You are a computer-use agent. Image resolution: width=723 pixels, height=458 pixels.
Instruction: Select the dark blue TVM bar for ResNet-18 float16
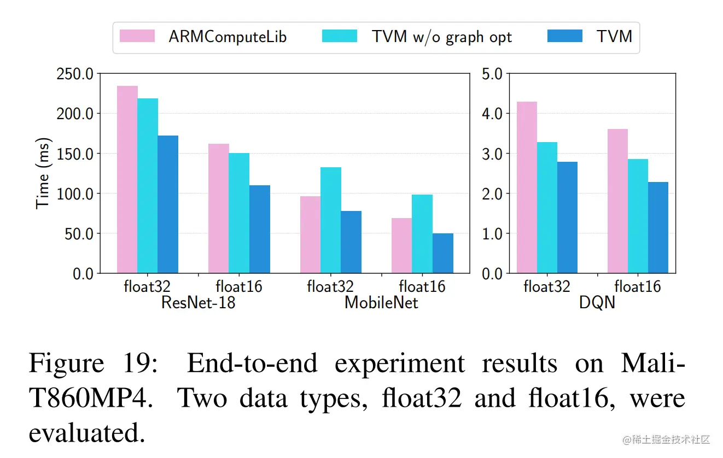pos(260,229)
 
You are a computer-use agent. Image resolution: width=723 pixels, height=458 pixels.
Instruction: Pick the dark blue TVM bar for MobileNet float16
pos(443,253)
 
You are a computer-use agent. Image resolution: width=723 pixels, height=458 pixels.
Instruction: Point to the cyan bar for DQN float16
pos(638,216)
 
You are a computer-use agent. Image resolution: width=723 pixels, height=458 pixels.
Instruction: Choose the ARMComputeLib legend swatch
pos(138,37)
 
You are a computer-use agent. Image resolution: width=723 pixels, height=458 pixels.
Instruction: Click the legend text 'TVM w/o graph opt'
pos(442,37)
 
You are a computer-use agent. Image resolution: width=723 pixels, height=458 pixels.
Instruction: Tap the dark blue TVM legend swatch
pos(565,37)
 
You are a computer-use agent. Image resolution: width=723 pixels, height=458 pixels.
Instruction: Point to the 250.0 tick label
pos(75,74)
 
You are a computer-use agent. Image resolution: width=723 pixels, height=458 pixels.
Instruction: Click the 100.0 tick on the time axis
pos(75,193)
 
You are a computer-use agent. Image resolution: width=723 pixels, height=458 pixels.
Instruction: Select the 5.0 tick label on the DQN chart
pos(492,74)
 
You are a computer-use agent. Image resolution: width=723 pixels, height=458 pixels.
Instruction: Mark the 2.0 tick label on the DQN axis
pos(492,193)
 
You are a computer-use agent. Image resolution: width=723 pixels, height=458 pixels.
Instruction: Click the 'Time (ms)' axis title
pos(43,173)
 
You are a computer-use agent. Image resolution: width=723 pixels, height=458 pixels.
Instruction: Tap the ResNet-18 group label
pos(198,302)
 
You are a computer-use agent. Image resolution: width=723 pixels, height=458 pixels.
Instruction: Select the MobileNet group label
pos(381,302)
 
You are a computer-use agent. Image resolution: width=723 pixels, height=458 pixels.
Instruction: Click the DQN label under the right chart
pos(597,302)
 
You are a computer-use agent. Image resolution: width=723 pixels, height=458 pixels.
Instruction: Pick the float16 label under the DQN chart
pos(638,286)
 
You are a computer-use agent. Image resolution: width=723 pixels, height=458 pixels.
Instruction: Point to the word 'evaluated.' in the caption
pos(87,433)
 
